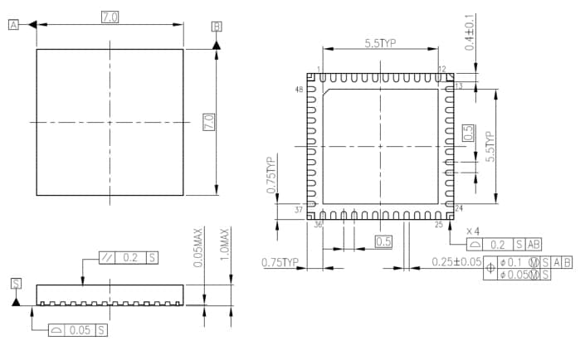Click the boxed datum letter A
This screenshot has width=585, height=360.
point(14,26)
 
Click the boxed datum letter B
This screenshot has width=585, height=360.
point(217,27)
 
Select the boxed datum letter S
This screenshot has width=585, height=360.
point(16,284)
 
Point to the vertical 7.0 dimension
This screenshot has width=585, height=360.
point(209,122)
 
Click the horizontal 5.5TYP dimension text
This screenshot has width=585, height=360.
point(381,43)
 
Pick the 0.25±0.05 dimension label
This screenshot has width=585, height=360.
point(457,262)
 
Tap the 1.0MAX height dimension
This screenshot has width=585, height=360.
point(224,246)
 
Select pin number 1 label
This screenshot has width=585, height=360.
point(319,69)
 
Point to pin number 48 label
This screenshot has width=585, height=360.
point(299,89)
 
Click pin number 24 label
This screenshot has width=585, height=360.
point(459,208)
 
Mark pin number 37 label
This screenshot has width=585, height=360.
point(299,209)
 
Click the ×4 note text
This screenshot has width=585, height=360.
point(473,231)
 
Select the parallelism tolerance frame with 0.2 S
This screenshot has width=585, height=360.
point(129,257)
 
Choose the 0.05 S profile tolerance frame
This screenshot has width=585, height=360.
point(78,329)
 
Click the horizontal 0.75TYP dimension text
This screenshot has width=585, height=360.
point(280,262)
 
